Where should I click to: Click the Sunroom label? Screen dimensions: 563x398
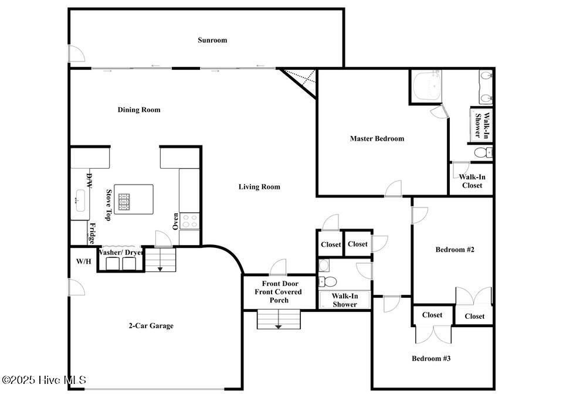pos(212,40)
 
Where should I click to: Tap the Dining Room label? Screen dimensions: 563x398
pos(139,110)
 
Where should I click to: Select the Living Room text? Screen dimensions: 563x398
pos(259,186)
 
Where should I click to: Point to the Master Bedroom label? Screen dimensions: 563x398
pos(377,138)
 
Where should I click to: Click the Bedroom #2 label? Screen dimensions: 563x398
pos(455,250)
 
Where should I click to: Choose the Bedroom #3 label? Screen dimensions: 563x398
pos(431,358)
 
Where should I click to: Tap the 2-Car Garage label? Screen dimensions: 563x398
pos(151,326)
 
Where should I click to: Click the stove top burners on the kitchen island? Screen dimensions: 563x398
pos(124,202)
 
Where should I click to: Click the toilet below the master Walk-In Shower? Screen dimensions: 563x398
pos(483,153)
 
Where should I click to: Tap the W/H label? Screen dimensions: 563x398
pos(84,261)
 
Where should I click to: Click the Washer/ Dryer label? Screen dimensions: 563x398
pos(121,252)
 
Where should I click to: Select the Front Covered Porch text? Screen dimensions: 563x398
pos(278,296)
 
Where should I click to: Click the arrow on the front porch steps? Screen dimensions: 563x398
pos(278,326)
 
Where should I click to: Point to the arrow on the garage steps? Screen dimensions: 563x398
pos(160,269)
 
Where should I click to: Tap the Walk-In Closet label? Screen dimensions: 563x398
pos(472,181)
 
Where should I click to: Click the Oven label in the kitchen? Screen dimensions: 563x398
pos(175,222)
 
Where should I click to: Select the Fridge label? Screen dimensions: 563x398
pos(92,233)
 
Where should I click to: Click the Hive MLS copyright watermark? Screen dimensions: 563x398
pos(44,380)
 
